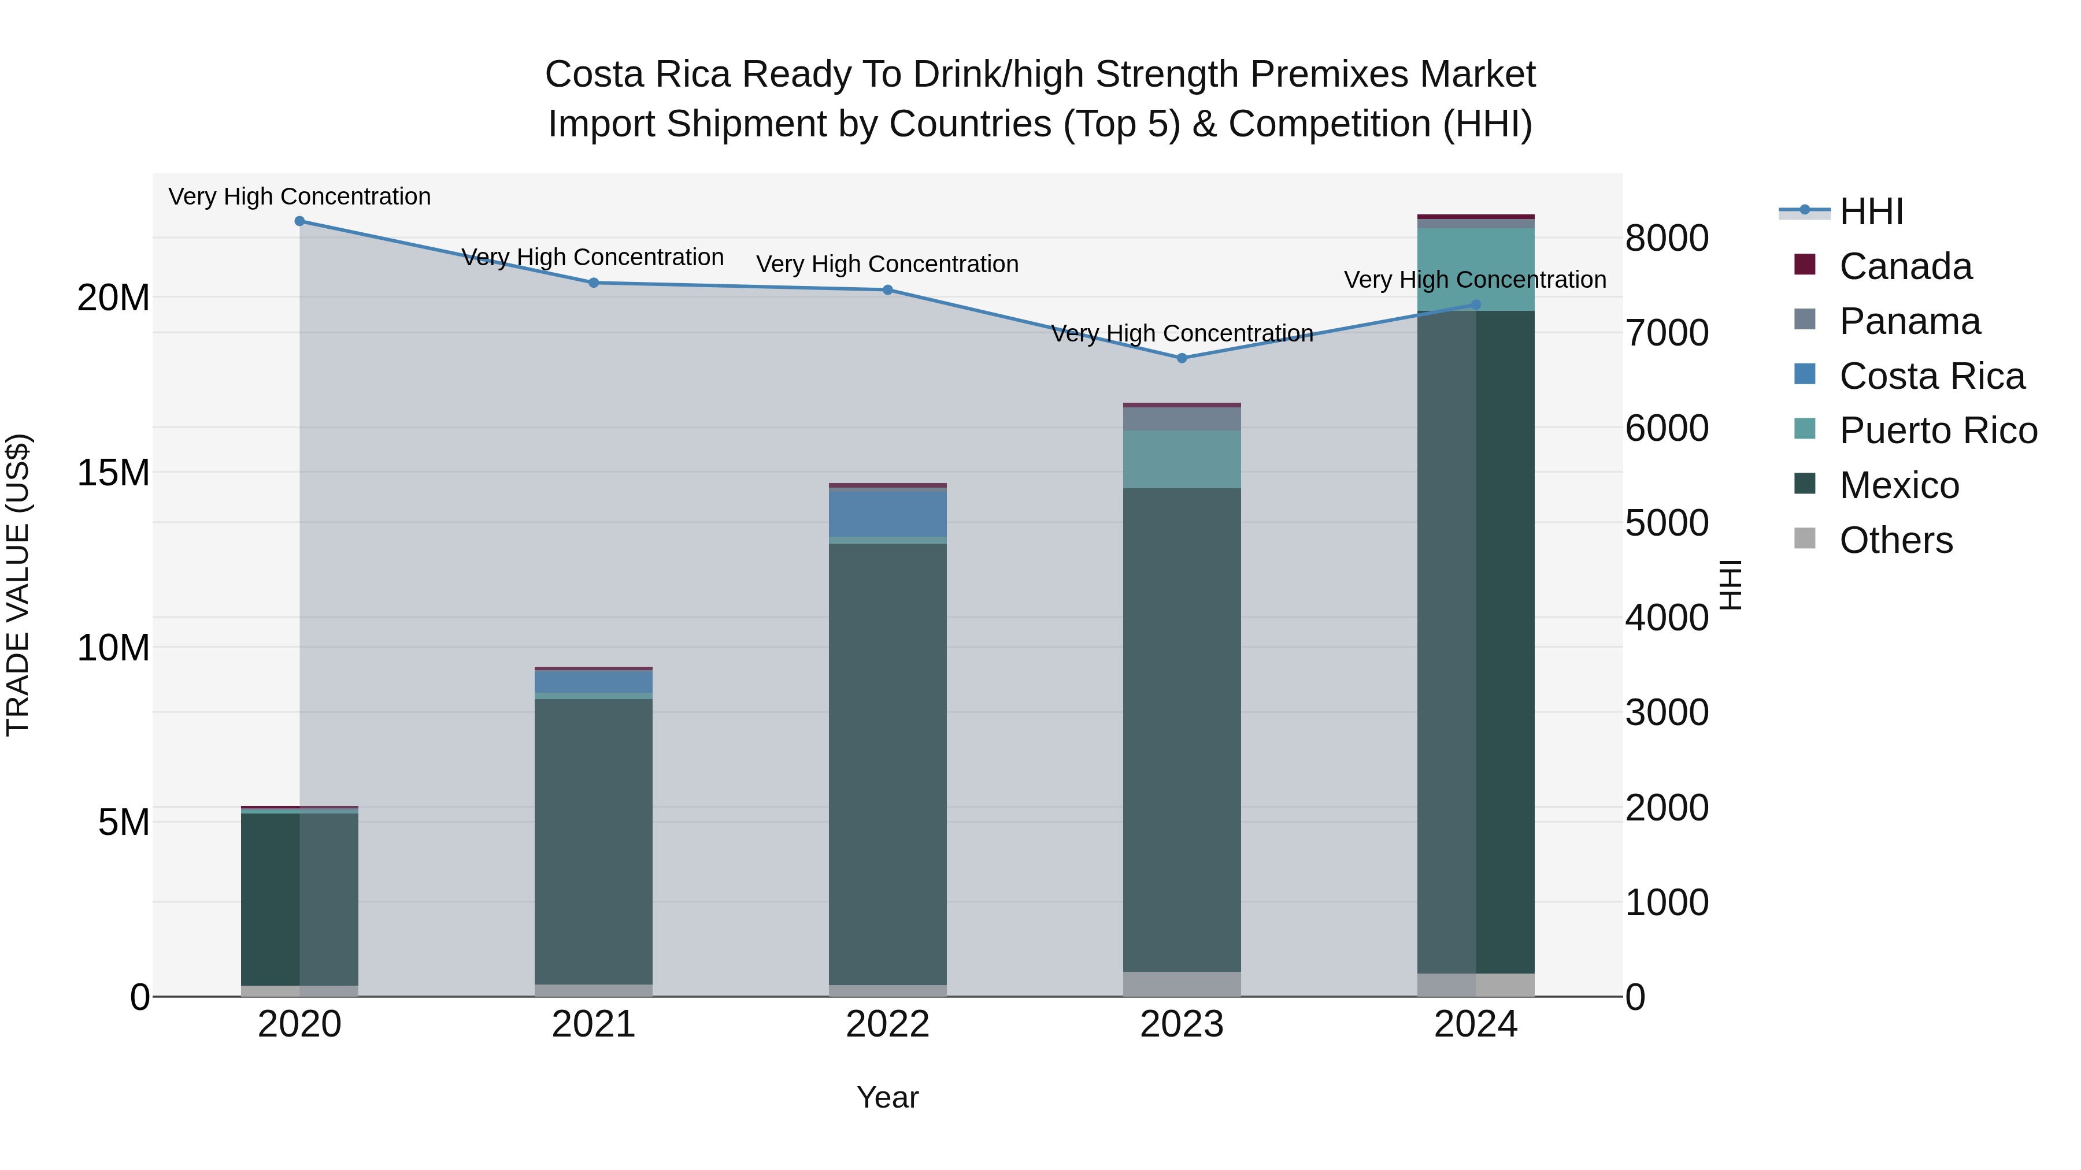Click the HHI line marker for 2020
(299, 221)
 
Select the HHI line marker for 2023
(1182, 358)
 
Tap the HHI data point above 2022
(888, 290)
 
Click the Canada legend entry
(1905, 266)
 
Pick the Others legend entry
(1895, 540)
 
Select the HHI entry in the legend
(1871, 211)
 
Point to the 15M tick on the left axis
(113, 473)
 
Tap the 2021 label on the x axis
(594, 1024)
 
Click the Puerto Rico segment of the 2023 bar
(1182, 459)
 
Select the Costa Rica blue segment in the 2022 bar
(888, 514)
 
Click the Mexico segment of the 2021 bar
(594, 840)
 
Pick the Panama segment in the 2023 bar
(1182, 418)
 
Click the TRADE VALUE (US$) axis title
(18, 585)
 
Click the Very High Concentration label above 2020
(299, 197)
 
